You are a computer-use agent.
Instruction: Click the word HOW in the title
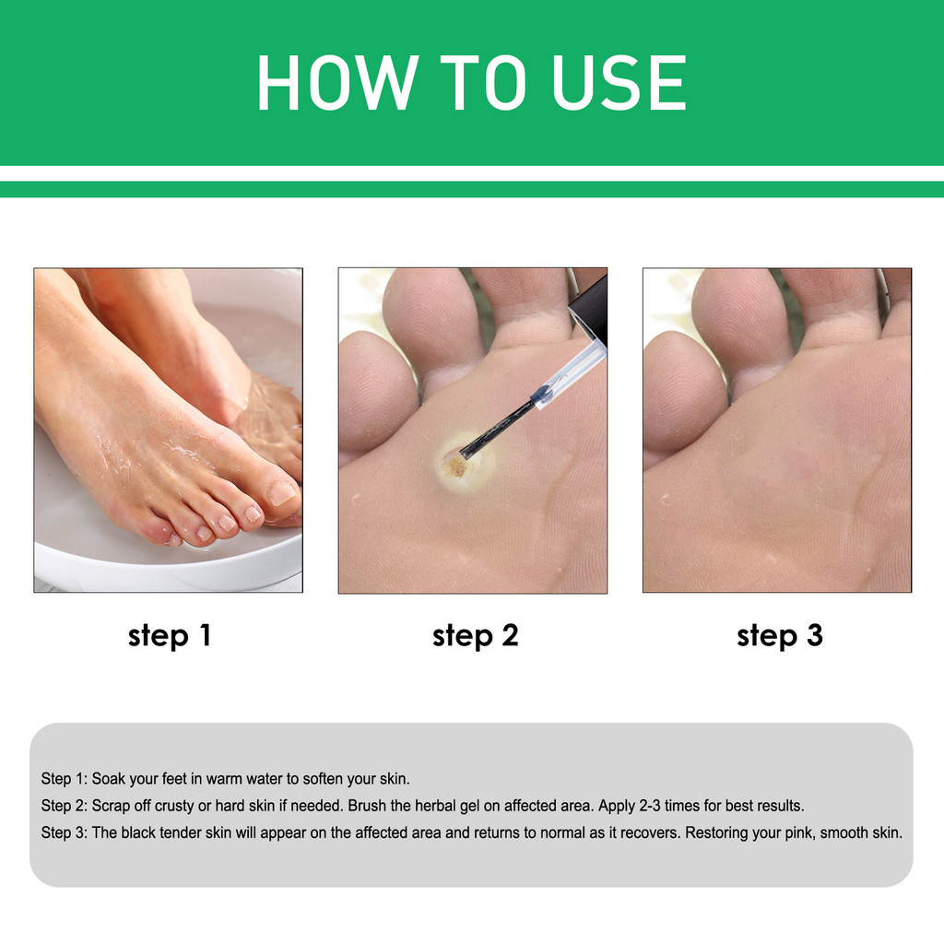pyautogui.click(x=337, y=82)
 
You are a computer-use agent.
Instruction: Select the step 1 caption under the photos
pyautogui.click(x=170, y=636)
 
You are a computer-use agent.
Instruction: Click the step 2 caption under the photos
pyautogui.click(x=475, y=636)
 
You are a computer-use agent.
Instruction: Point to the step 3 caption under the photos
pyautogui.click(x=780, y=636)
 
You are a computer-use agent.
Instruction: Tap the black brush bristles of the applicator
pyautogui.click(x=497, y=428)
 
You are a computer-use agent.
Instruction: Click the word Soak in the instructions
pyautogui.click(x=109, y=778)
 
